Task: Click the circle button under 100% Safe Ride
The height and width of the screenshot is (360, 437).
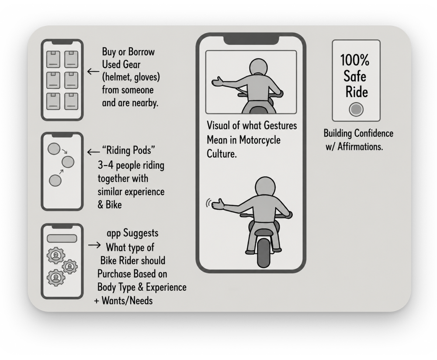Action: click(x=356, y=109)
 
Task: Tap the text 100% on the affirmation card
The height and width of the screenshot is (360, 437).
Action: click(x=354, y=60)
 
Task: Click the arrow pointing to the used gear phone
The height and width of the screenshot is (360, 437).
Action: click(x=93, y=72)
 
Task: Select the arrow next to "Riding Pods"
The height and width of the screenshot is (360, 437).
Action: click(x=93, y=152)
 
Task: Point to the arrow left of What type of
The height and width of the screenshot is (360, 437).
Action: click(x=94, y=245)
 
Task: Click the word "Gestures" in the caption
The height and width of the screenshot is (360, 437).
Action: click(x=280, y=126)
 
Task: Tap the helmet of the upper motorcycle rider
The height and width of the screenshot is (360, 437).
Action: click(x=258, y=67)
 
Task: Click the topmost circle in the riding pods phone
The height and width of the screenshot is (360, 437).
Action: click(x=54, y=149)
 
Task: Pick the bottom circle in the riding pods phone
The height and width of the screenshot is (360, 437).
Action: click(x=55, y=180)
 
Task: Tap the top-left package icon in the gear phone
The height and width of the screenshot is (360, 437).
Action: click(x=53, y=59)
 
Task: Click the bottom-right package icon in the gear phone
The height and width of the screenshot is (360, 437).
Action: click(x=71, y=101)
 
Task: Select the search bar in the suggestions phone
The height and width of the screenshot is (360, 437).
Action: click(x=62, y=239)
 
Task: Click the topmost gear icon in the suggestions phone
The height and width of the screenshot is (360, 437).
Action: click(x=56, y=256)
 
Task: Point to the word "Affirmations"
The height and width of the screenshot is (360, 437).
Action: click(x=360, y=146)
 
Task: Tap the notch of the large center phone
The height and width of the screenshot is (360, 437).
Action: click(x=251, y=40)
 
